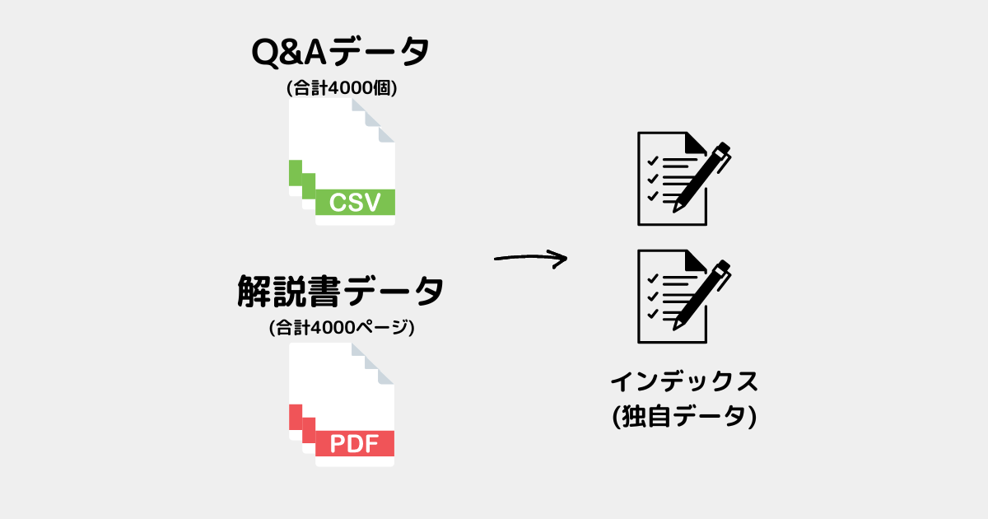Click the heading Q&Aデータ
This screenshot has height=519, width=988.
point(341,52)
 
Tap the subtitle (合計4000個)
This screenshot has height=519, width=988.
point(342,88)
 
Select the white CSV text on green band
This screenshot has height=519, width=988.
point(355,203)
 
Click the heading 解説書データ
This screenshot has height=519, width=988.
point(341,292)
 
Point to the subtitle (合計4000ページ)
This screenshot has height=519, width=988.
point(342,328)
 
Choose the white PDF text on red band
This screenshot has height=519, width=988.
point(354,443)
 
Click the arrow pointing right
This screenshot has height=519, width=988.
point(530,258)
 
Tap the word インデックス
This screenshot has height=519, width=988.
point(684,381)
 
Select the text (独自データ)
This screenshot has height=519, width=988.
point(684,416)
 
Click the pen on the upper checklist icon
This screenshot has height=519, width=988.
point(701,176)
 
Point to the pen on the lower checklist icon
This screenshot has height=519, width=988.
point(701,295)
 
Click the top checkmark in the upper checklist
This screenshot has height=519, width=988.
point(653,161)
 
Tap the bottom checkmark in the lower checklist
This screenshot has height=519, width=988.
point(653,314)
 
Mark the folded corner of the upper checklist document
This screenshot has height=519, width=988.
point(694,143)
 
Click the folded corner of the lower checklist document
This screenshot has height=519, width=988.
point(694,260)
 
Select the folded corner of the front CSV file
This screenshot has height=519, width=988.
point(386,134)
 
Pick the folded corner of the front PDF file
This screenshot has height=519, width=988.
point(386,376)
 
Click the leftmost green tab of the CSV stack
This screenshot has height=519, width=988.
point(295,172)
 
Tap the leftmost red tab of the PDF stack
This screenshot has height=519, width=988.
point(296,417)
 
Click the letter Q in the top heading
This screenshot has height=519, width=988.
point(264,53)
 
